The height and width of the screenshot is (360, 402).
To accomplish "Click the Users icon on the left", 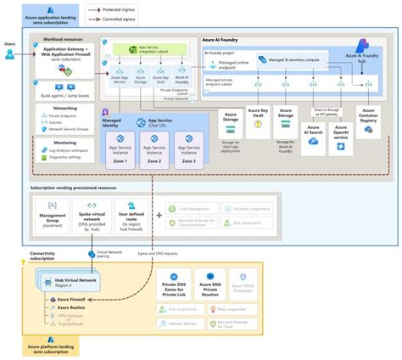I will (9, 53).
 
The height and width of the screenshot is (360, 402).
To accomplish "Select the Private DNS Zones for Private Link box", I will (180, 281).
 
